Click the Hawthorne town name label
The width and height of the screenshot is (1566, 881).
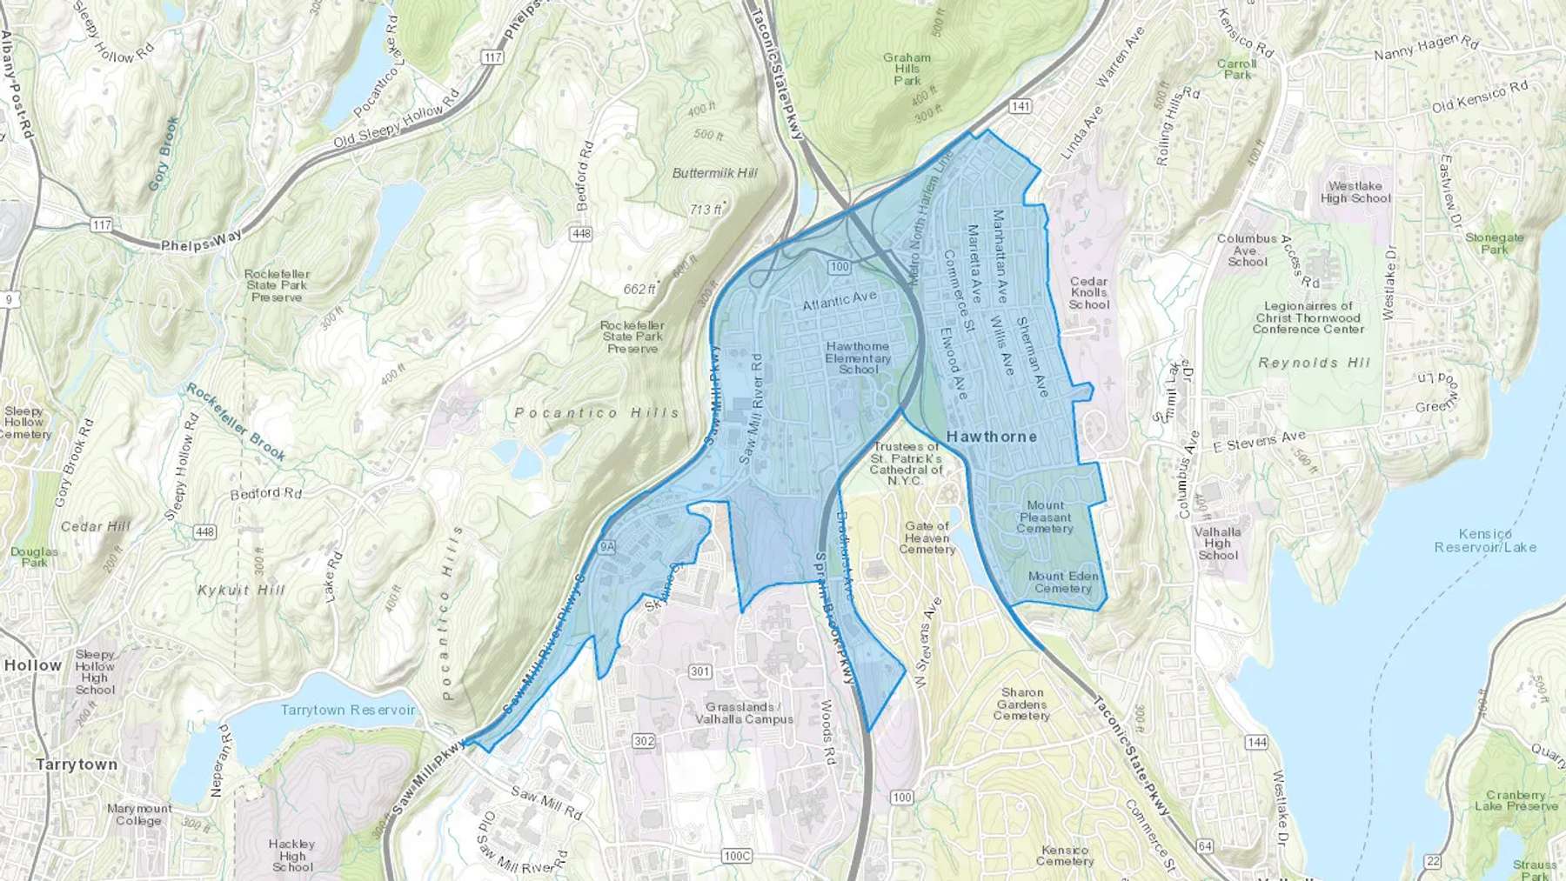pyautogui.click(x=991, y=437)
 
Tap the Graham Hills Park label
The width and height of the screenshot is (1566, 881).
pyautogui.click(x=907, y=70)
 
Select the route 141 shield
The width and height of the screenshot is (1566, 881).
pyautogui.click(x=1021, y=106)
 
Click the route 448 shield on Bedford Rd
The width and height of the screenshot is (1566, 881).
pyautogui.click(x=581, y=233)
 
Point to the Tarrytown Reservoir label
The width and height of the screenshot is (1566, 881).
pyautogui.click(x=348, y=711)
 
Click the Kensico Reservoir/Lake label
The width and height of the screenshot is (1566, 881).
pyautogui.click(x=1485, y=541)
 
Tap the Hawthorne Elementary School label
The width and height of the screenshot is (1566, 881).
pyautogui.click(x=858, y=357)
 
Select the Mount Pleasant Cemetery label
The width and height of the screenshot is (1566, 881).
pyautogui.click(x=1045, y=517)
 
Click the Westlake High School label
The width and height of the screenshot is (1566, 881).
pyautogui.click(x=1355, y=192)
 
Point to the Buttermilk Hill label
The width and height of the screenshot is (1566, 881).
pyautogui.click(x=714, y=173)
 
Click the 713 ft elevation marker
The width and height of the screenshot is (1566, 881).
pyautogui.click(x=706, y=210)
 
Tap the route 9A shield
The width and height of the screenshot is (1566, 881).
pyautogui.click(x=606, y=547)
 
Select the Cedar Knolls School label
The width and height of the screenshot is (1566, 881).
pyautogui.click(x=1089, y=293)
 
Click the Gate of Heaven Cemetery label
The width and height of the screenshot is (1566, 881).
pyautogui.click(x=927, y=537)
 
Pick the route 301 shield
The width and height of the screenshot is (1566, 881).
pyautogui.click(x=699, y=671)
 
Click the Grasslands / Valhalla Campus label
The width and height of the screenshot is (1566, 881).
pyautogui.click(x=744, y=713)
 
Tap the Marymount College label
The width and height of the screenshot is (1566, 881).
pyautogui.click(x=139, y=814)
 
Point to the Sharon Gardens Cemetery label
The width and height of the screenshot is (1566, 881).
pyautogui.click(x=1021, y=704)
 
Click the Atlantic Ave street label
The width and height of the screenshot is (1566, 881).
pyautogui.click(x=839, y=301)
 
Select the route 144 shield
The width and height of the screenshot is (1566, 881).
pyautogui.click(x=1256, y=742)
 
